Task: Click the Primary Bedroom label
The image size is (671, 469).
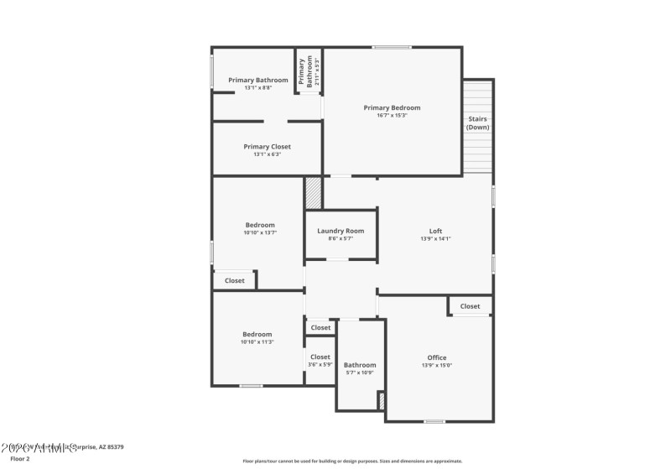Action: (392, 107)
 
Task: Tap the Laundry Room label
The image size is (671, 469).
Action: (341, 231)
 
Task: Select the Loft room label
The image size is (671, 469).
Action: (435, 231)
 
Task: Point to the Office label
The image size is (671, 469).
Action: (436, 357)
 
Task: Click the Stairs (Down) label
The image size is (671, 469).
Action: (477, 123)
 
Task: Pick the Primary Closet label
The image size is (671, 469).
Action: (267, 146)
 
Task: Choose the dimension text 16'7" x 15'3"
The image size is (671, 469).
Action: (392, 116)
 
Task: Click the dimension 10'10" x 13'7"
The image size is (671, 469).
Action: (259, 232)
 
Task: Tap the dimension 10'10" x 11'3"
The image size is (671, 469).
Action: (257, 342)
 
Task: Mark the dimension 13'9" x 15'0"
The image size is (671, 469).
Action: (436, 366)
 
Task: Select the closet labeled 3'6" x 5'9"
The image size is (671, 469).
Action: (320, 364)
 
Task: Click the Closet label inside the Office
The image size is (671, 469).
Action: (470, 306)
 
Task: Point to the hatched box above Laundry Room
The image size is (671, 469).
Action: (313, 192)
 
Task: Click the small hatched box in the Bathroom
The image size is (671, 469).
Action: (382, 401)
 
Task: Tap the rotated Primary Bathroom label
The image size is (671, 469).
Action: (309, 72)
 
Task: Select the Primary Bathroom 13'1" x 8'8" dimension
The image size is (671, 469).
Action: (258, 88)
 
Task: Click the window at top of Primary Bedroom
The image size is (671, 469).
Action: (391, 47)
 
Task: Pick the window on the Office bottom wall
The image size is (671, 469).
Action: (434, 420)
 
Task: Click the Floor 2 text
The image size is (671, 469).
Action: (19, 459)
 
